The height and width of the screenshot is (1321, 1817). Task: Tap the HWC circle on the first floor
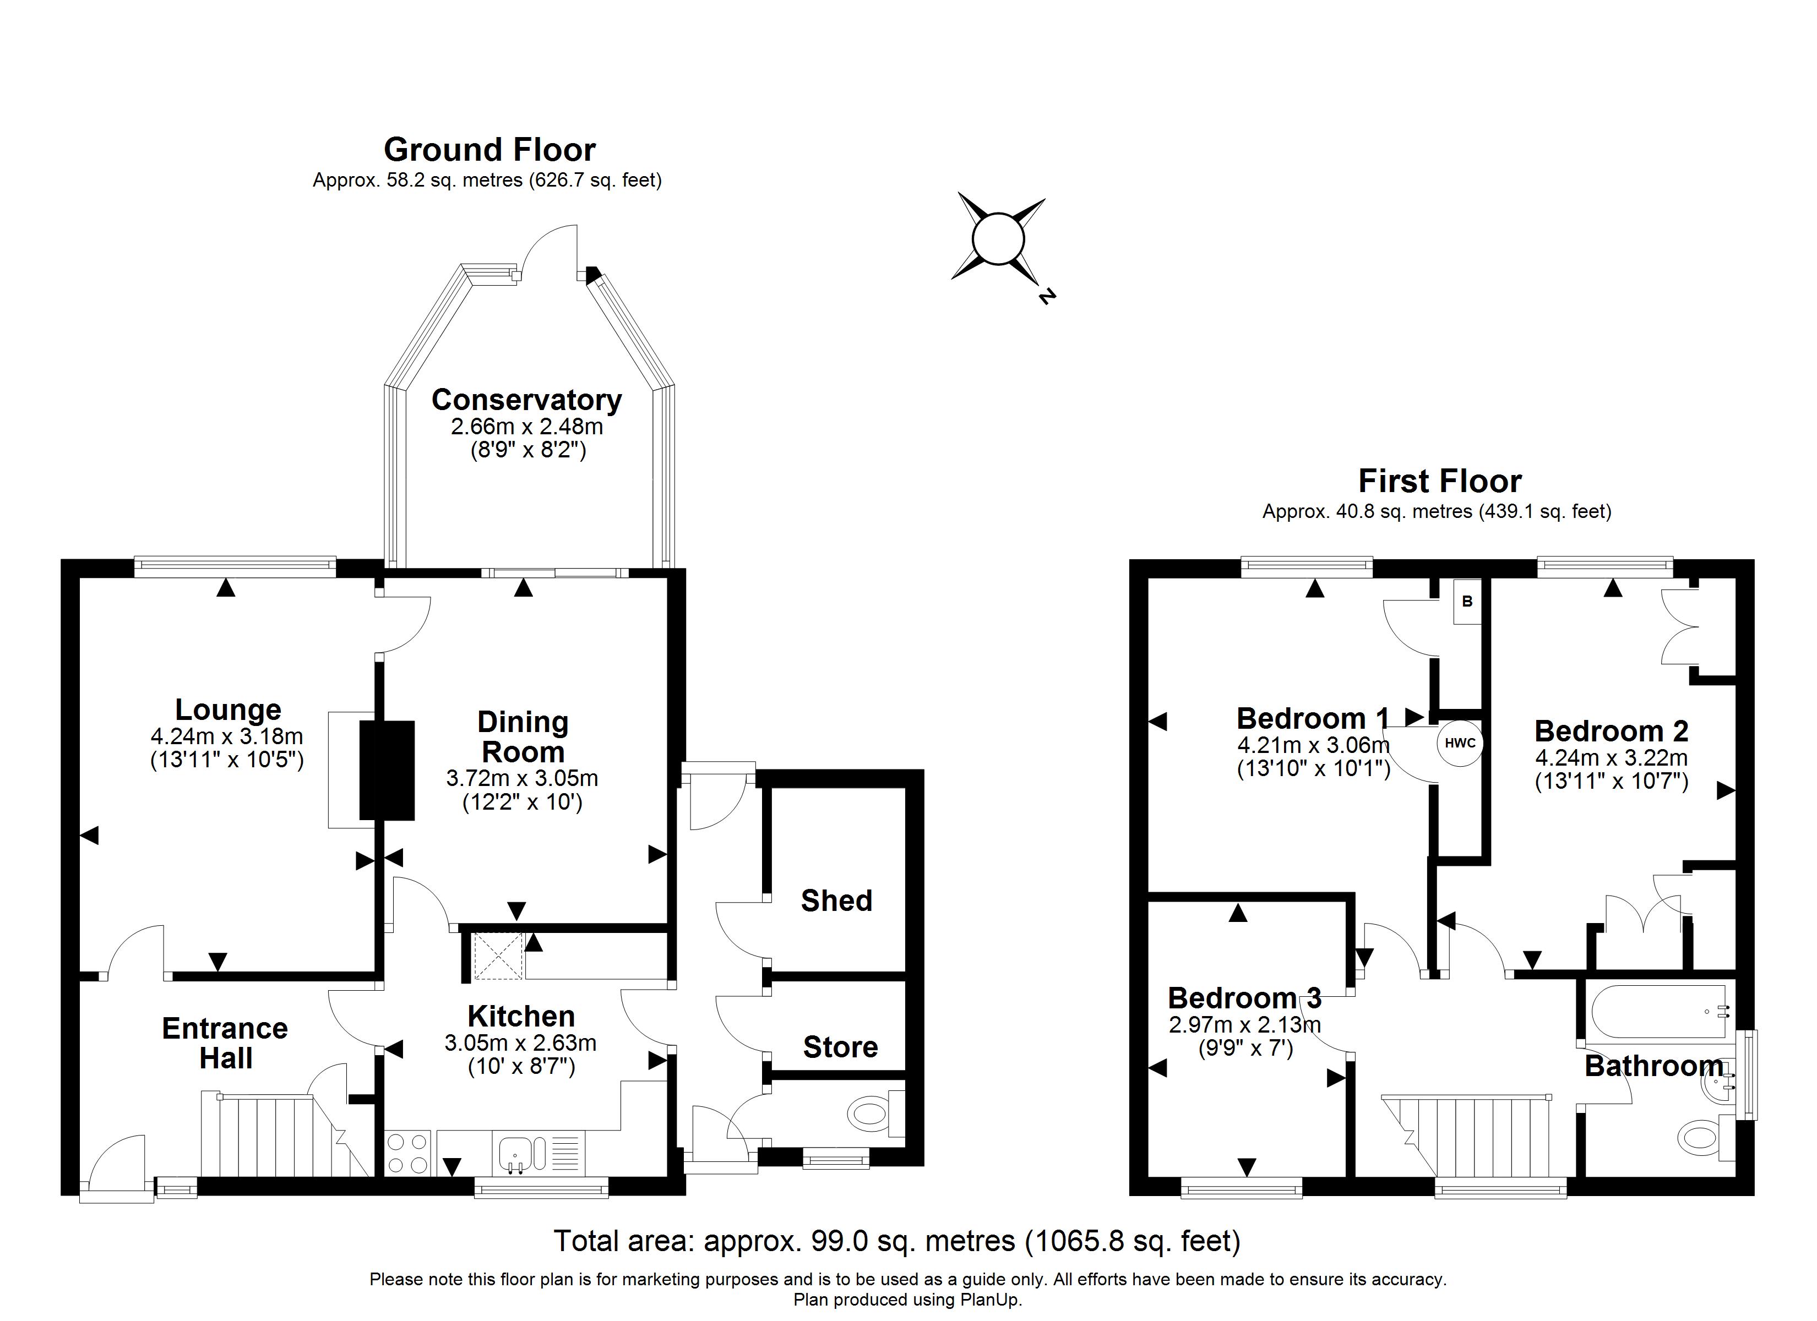(x=1460, y=743)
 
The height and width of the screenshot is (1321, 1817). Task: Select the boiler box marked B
(x=1468, y=602)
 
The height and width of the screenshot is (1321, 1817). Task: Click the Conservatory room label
(x=526, y=400)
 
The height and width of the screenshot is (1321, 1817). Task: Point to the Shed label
(x=836, y=900)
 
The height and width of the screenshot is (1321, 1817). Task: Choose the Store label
(x=840, y=1047)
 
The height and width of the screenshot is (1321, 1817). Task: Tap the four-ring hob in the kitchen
(x=408, y=1153)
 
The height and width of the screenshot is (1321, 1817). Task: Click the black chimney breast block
(x=387, y=771)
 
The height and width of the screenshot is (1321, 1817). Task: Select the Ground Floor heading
(x=489, y=150)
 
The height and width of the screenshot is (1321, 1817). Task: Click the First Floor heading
(x=1440, y=481)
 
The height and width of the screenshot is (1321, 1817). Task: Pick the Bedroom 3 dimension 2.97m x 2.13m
(x=1245, y=1024)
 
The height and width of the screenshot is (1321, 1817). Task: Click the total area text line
(x=897, y=1241)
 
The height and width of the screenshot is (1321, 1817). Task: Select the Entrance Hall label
(x=225, y=1043)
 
